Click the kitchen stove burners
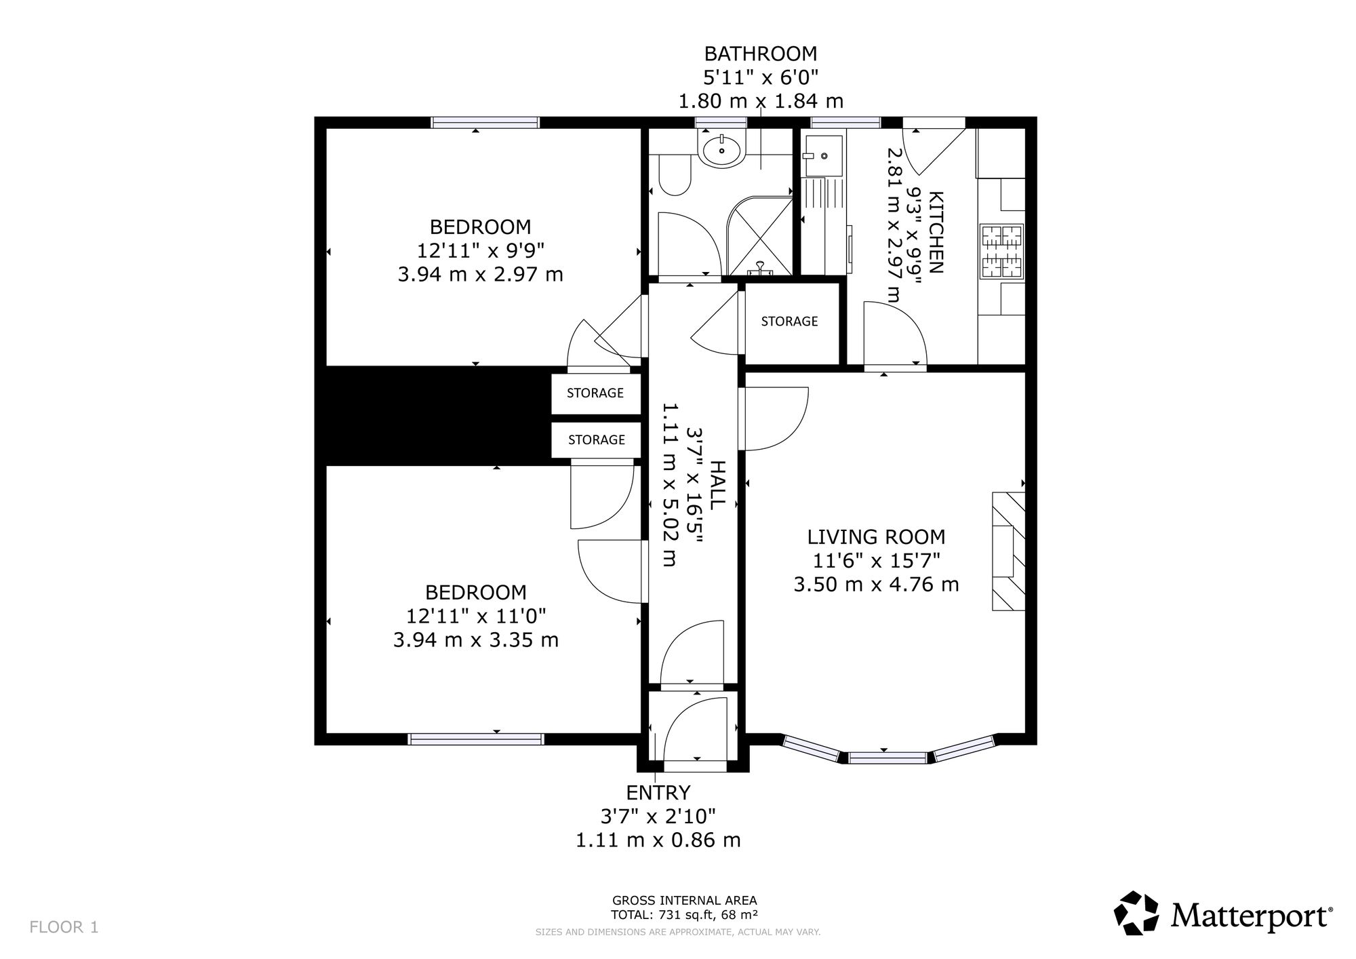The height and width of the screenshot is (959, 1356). point(1001,251)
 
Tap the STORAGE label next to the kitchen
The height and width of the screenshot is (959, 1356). point(789,321)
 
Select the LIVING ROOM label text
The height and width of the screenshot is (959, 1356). point(876,537)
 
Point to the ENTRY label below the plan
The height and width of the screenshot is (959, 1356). point(658,792)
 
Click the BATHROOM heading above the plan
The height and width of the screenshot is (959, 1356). point(761,54)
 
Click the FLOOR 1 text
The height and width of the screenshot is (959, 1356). point(64,927)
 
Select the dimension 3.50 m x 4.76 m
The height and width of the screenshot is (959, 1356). point(876,584)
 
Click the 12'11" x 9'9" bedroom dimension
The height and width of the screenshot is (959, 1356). point(481,251)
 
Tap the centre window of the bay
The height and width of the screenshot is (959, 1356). point(888,757)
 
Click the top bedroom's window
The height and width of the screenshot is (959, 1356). point(485,122)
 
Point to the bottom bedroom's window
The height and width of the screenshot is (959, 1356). point(476,739)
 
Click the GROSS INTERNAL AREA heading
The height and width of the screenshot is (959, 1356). point(684,901)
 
